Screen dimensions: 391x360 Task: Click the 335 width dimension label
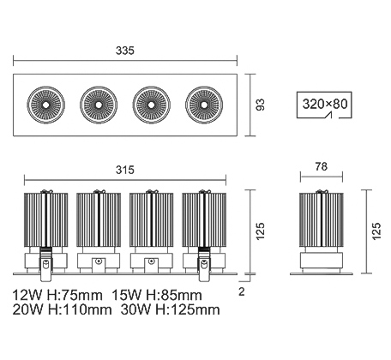(x=125, y=51)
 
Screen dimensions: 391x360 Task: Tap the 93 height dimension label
(x=260, y=105)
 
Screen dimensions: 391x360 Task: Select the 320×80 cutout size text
(x=325, y=104)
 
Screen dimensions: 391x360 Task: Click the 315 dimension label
(x=125, y=170)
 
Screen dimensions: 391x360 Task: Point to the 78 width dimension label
(x=322, y=166)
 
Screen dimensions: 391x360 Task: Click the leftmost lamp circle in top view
(x=45, y=105)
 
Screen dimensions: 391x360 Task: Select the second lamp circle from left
(x=99, y=105)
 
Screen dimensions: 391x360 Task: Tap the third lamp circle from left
(x=151, y=105)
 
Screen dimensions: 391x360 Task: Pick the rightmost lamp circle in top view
(x=204, y=105)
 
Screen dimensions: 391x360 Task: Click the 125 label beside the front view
(x=261, y=231)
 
